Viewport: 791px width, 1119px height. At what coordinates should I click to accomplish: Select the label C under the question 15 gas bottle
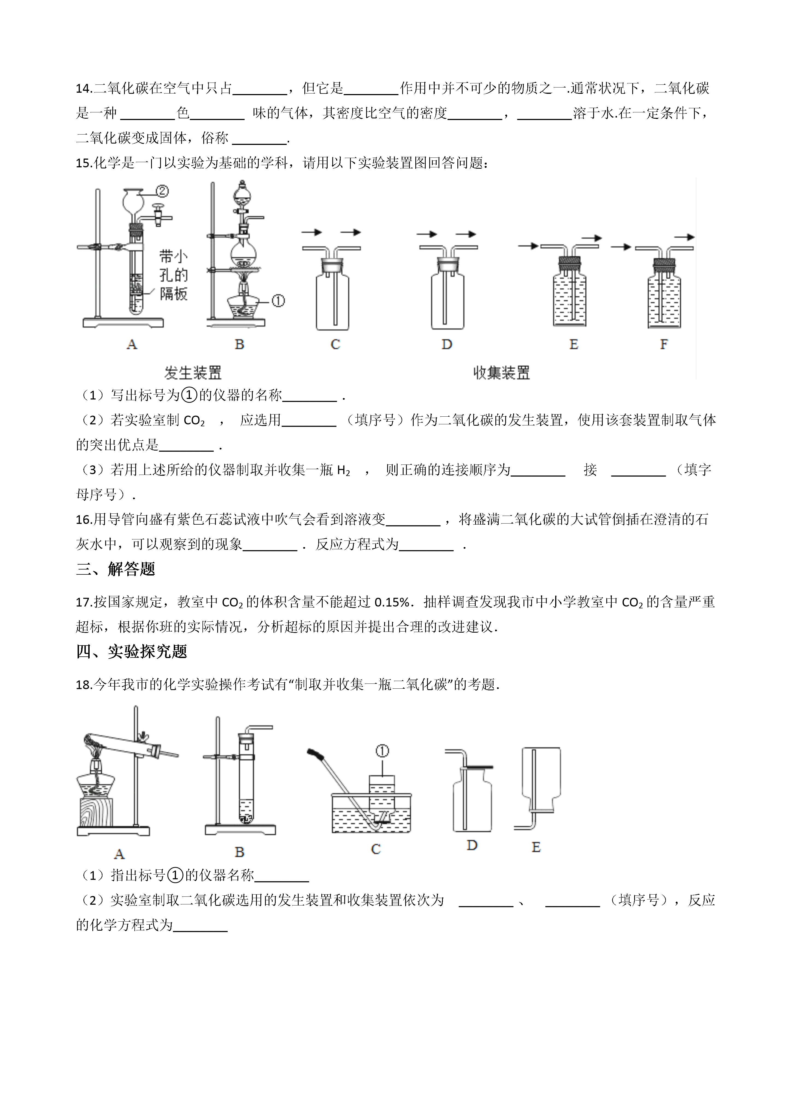pyautogui.click(x=335, y=344)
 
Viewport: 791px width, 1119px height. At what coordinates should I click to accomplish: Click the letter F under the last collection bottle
pyautogui.click(x=663, y=344)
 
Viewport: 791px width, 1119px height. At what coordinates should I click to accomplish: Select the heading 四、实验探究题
pyautogui.click(x=131, y=651)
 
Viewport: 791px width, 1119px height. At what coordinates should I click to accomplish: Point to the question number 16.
pyautogui.click(x=84, y=519)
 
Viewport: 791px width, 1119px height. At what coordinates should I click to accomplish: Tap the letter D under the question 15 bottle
pyautogui.click(x=447, y=344)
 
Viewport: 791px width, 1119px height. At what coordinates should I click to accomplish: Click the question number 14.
pyautogui.click(x=84, y=89)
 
